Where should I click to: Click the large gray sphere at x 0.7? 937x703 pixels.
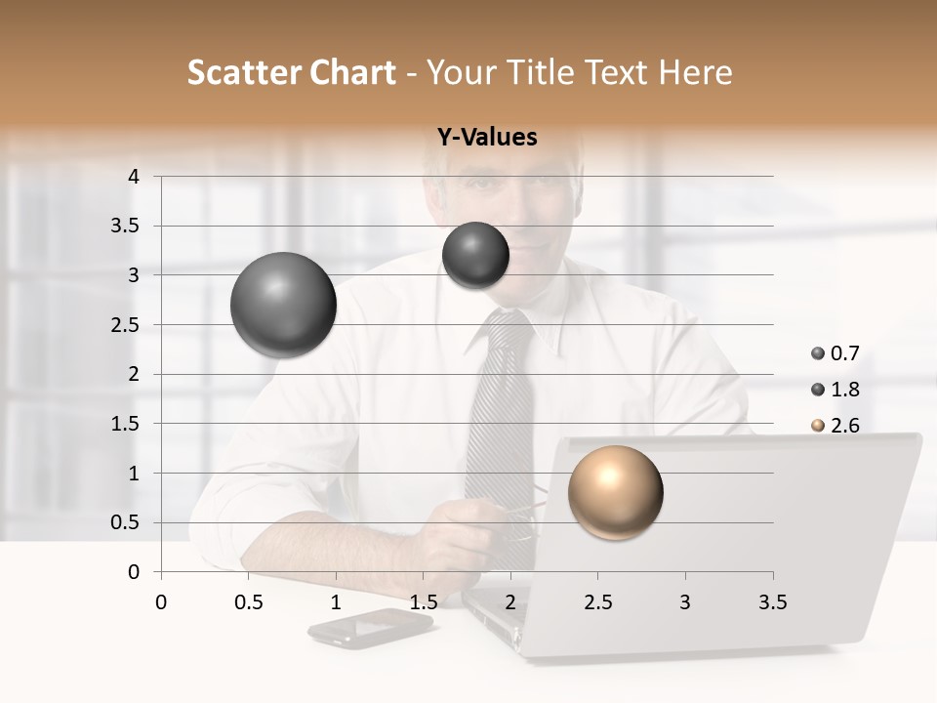pos(283,305)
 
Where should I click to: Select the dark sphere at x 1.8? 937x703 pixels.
pos(475,255)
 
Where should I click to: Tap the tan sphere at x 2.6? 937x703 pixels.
pos(615,492)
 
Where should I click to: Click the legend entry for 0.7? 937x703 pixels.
pos(835,353)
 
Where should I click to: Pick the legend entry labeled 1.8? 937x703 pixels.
pos(835,390)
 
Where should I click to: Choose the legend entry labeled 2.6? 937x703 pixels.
pos(835,426)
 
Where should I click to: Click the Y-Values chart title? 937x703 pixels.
pos(487,138)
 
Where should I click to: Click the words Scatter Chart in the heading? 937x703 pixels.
pos(291,72)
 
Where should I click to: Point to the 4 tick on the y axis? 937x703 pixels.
pos(135,177)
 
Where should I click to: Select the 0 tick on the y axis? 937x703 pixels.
pos(135,572)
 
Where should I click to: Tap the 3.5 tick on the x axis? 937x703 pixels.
pos(772,602)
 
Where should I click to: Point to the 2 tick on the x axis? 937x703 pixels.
pos(510,602)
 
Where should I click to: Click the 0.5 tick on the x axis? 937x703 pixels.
pos(248,602)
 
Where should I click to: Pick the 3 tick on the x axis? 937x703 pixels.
pos(685,602)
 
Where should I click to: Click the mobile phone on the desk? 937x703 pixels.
pos(369,627)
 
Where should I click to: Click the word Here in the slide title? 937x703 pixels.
pos(694,72)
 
